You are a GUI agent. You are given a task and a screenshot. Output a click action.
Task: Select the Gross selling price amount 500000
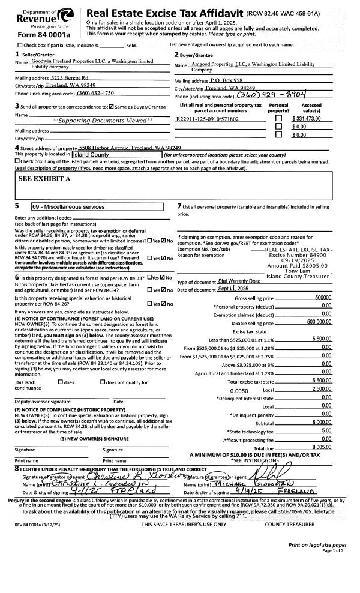point(323,298)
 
